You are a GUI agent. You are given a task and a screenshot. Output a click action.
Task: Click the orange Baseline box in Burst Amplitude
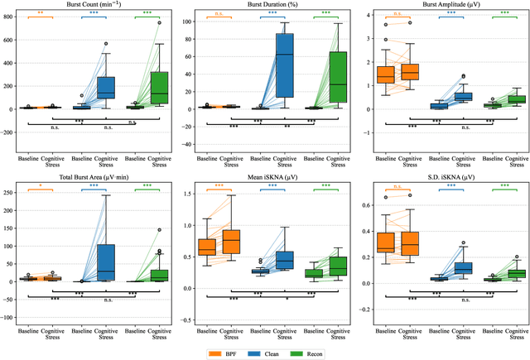tap(386, 74)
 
